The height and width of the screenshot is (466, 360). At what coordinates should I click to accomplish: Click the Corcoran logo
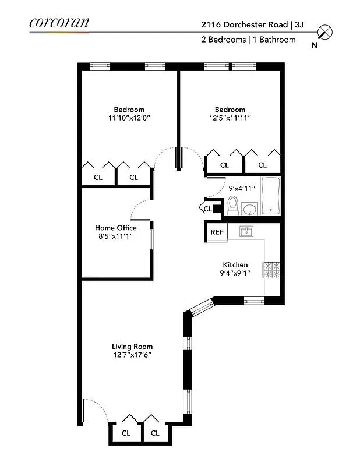tap(59, 23)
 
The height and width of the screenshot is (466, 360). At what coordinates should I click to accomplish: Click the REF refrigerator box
tap(217, 232)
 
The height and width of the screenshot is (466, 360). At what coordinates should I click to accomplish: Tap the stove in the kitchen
tap(273, 270)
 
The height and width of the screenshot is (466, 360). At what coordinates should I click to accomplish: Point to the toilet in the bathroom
tap(233, 206)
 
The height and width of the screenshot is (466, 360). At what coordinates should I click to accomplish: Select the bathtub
tap(271, 196)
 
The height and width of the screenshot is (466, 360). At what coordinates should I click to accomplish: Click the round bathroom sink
tap(250, 208)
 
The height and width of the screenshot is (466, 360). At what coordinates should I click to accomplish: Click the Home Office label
tap(116, 228)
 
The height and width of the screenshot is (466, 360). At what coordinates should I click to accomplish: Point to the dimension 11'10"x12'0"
tap(129, 118)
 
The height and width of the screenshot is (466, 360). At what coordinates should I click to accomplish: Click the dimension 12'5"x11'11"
tap(230, 118)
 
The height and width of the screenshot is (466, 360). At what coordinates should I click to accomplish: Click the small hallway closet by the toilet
tap(209, 208)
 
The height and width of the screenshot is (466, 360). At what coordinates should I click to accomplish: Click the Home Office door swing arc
tap(142, 208)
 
